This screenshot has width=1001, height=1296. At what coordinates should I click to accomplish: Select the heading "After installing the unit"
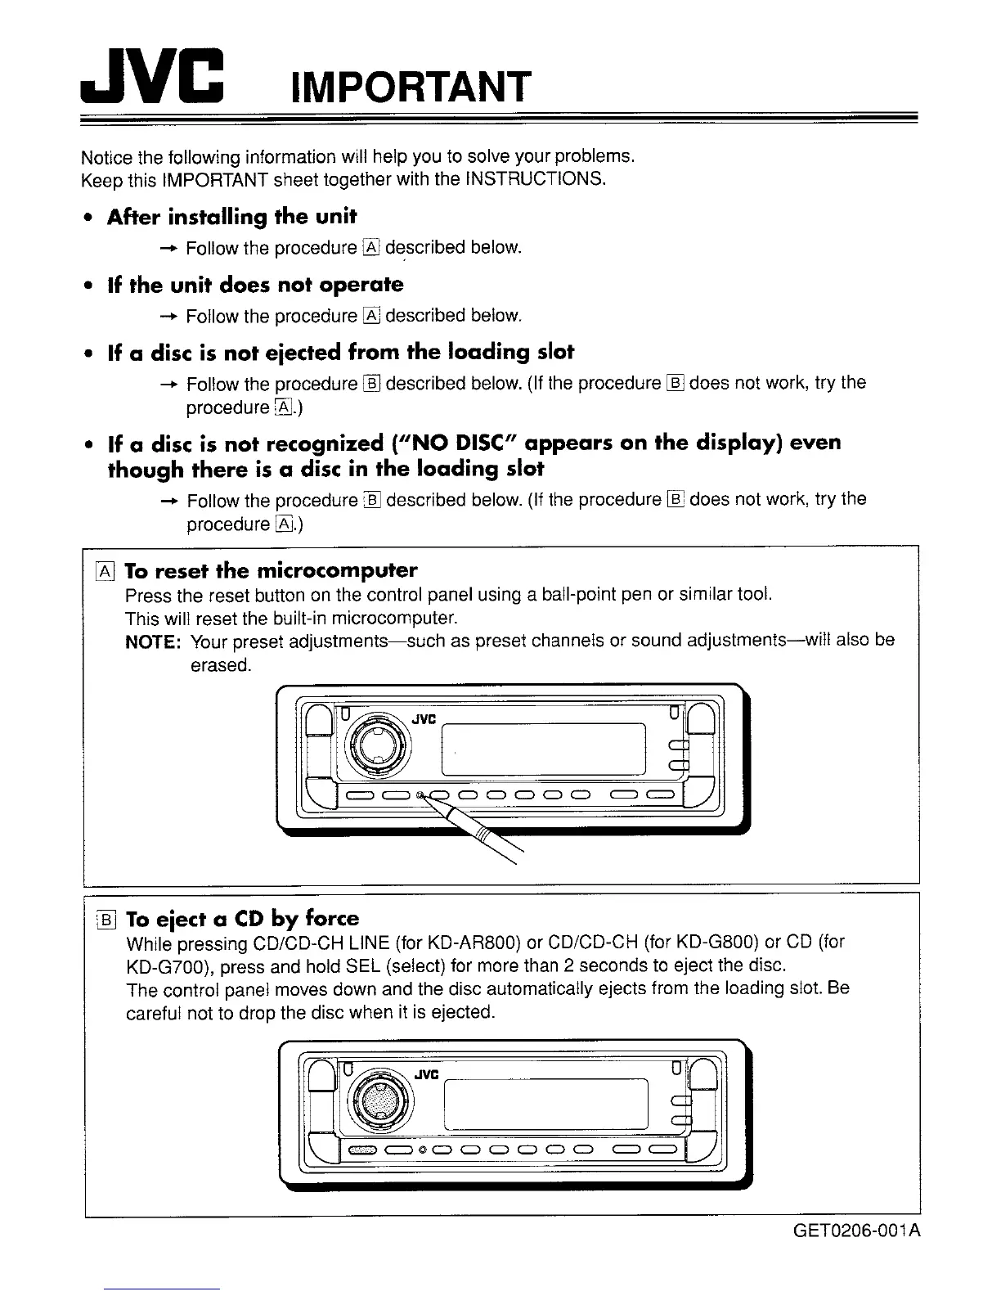tap(232, 217)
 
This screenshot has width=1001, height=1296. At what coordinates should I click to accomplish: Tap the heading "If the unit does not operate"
tap(255, 285)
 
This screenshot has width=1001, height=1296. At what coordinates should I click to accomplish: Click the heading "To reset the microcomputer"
tap(271, 569)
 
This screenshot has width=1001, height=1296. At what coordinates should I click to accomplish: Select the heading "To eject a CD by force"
tap(243, 917)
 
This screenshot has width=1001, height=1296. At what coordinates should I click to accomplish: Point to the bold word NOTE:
tap(152, 641)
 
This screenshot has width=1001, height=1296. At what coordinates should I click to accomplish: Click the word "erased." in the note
tap(220, 665)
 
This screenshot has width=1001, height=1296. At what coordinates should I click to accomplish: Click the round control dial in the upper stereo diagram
tap(378, 741)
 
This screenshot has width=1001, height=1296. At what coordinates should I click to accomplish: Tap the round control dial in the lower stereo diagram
tap(378, 1096)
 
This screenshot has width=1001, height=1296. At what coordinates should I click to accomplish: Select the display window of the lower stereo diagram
tap(544, 1103)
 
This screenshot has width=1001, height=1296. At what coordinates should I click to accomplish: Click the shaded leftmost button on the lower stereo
tap(361, 1152)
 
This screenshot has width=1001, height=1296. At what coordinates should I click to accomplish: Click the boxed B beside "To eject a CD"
tap(106, 918)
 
